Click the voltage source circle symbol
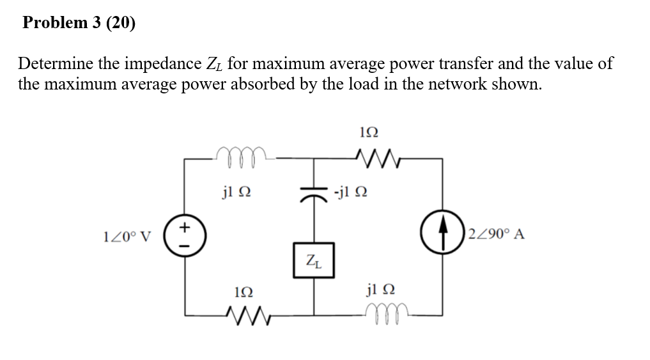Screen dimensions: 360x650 click(x=185, y=235)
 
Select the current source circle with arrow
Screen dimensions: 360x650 click(x=442, y=235)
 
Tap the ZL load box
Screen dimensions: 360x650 click(x=314, y=260)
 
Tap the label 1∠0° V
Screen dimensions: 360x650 click(x=127, y=236)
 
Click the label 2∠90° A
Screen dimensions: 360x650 click(x=496, y=234)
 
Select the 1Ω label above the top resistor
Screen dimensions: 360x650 click(x=369, y=132)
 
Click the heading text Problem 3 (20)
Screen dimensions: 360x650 click(x=79, y=23)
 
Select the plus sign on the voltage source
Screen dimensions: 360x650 click(x=185, y=226)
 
